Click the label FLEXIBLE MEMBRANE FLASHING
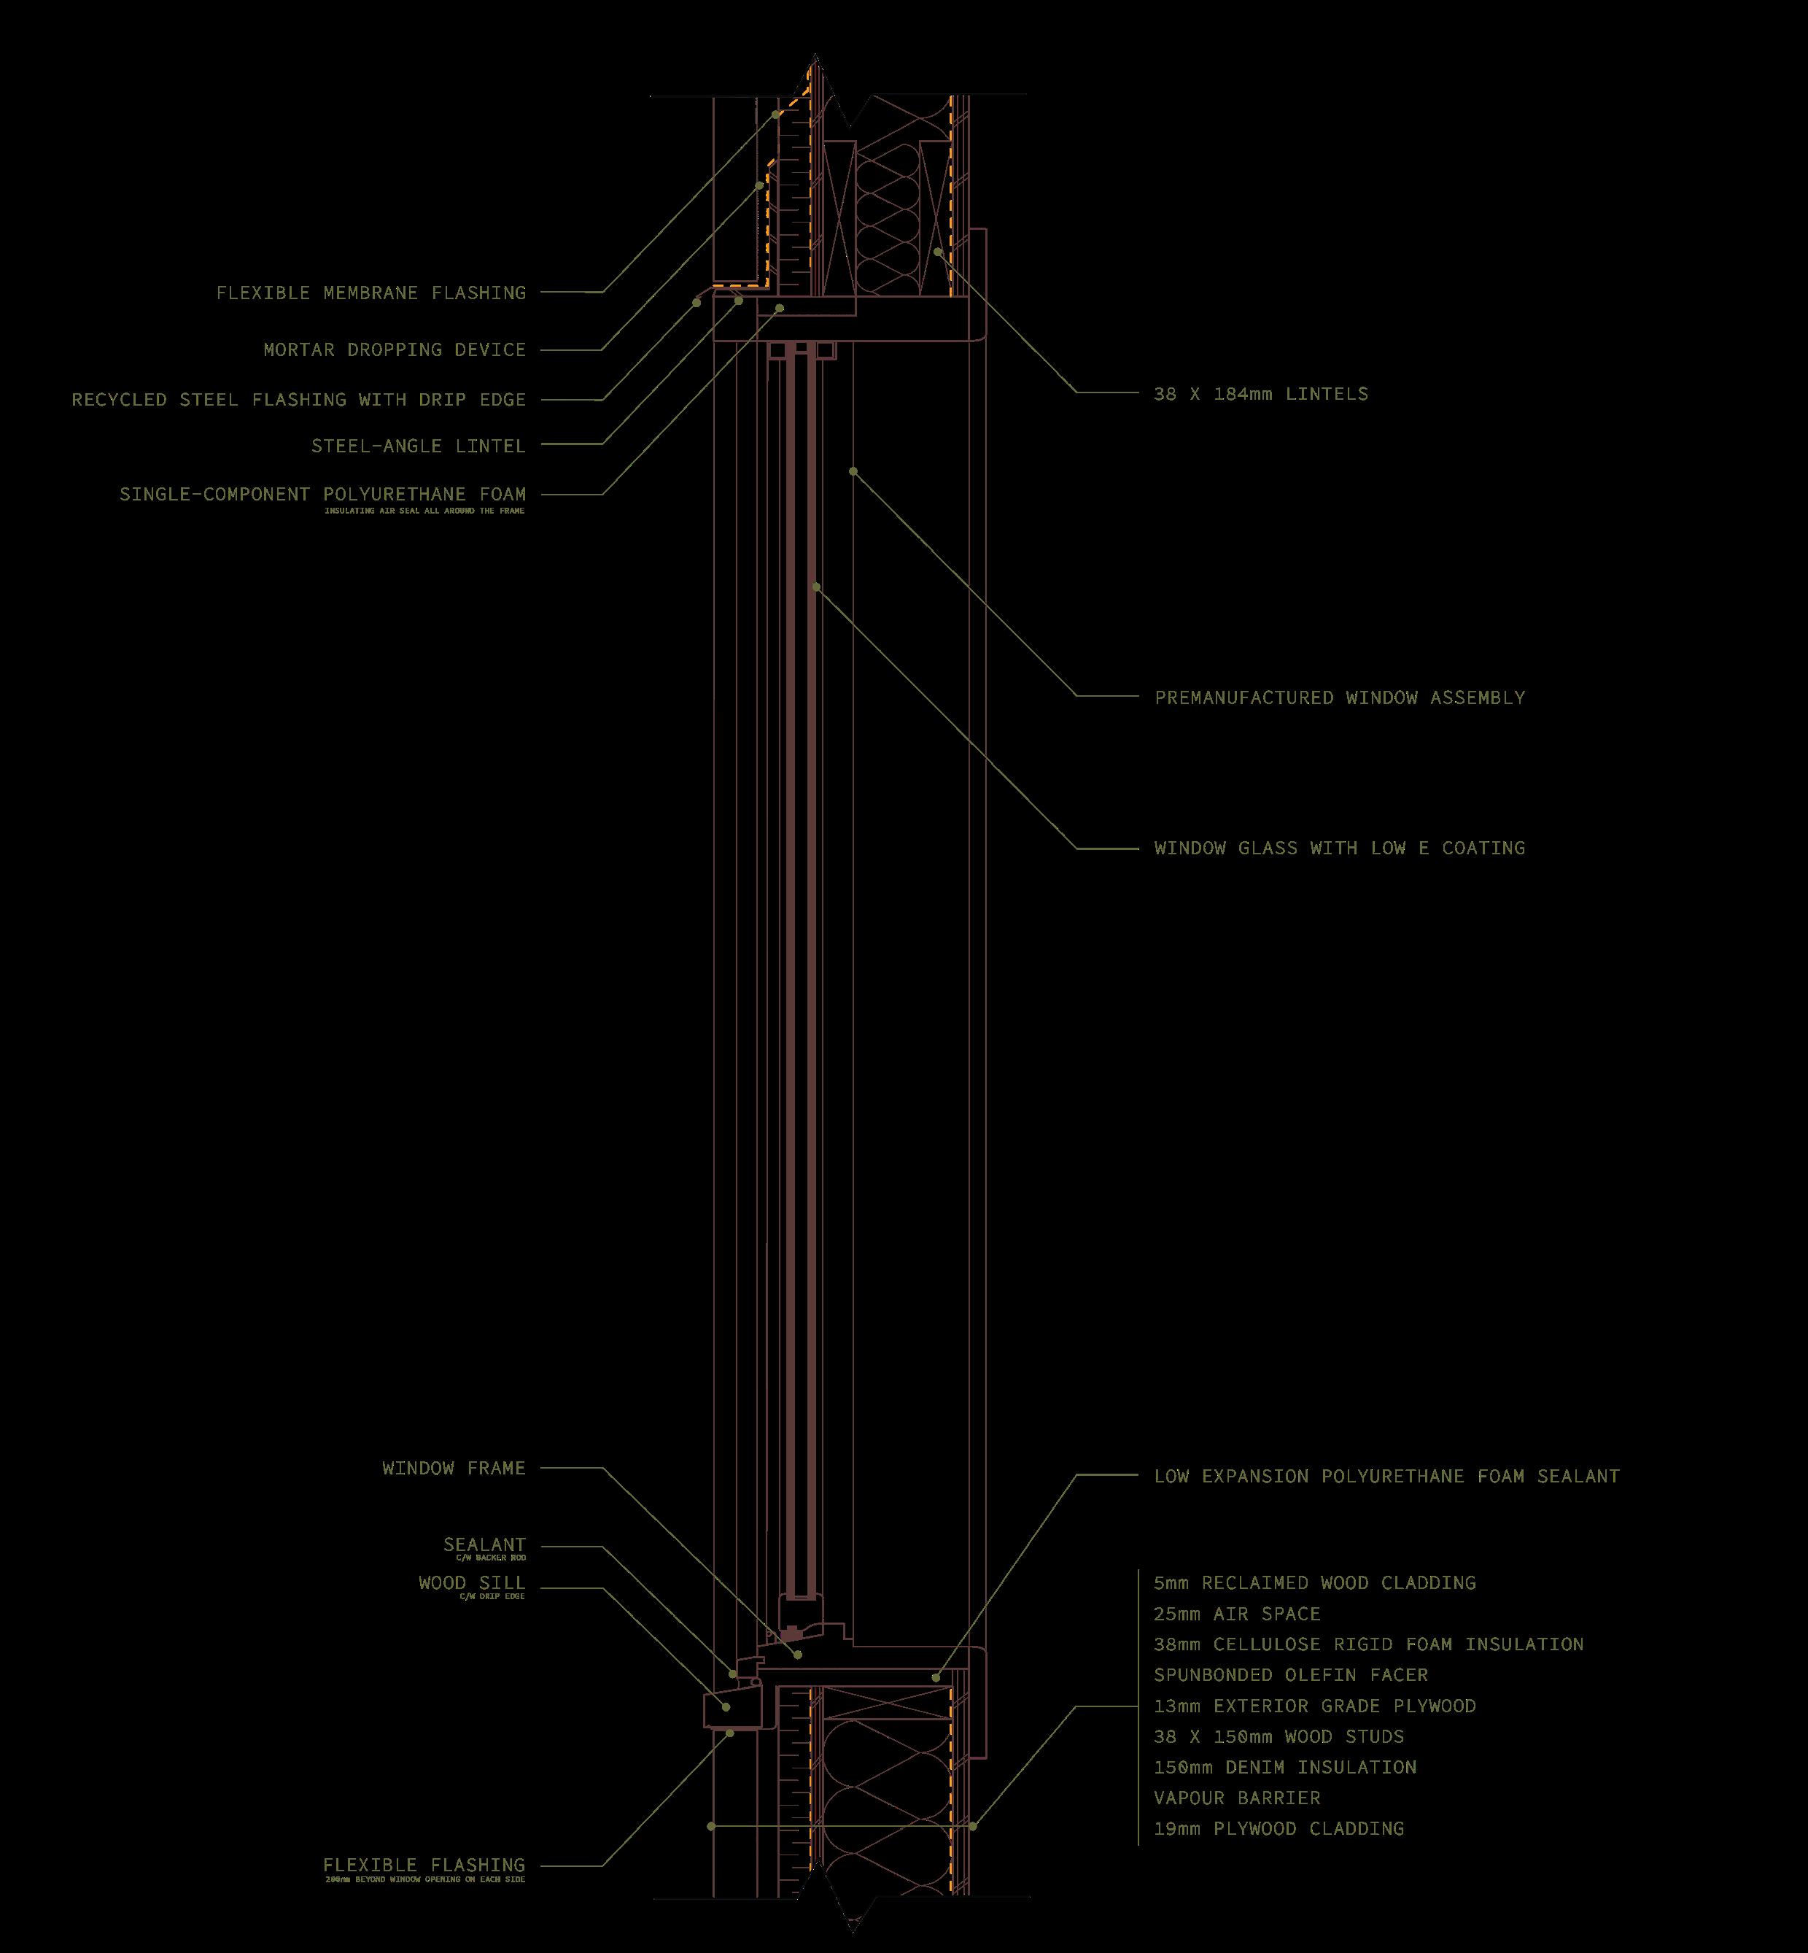370,293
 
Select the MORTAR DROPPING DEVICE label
395,349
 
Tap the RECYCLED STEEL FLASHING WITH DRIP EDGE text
298,399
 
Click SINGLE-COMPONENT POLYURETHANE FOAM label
323,494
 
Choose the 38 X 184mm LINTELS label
1260,394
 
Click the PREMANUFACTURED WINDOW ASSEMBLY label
1339,697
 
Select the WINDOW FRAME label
453,1468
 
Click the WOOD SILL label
472,1582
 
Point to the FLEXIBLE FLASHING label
424,1865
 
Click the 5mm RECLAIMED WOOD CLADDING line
1314,1582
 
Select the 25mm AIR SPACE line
1237,1614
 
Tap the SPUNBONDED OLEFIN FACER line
1290,1675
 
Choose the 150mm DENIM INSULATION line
1284,1767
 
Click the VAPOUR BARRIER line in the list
1237,1798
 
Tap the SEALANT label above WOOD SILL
484,1545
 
